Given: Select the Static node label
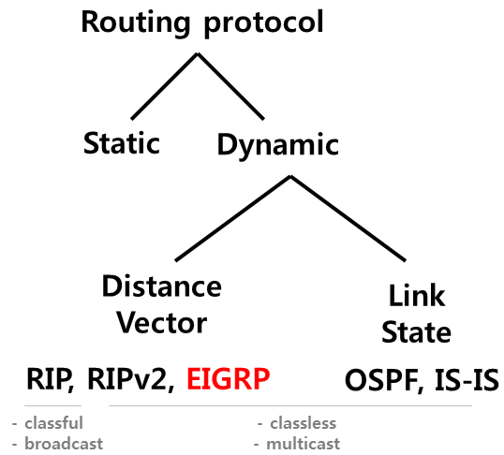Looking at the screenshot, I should tap(122, 144).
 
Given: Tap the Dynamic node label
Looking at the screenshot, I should tap(277, 145).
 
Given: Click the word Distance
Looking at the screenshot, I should tap(161, 286).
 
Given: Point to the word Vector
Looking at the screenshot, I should tap(161, 323).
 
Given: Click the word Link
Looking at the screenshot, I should tap(418, 297).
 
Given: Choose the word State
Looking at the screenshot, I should tap(418, 332).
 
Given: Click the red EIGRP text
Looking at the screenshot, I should tap(228, 379).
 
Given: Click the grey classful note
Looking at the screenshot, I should tap(52, 423).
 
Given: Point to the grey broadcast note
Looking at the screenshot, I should tap(62, 443).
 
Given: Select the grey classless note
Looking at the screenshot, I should tap(301, 423).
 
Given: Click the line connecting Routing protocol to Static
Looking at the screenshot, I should tap(164, 86).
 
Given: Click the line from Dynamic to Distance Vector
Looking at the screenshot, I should tap(232, 217).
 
